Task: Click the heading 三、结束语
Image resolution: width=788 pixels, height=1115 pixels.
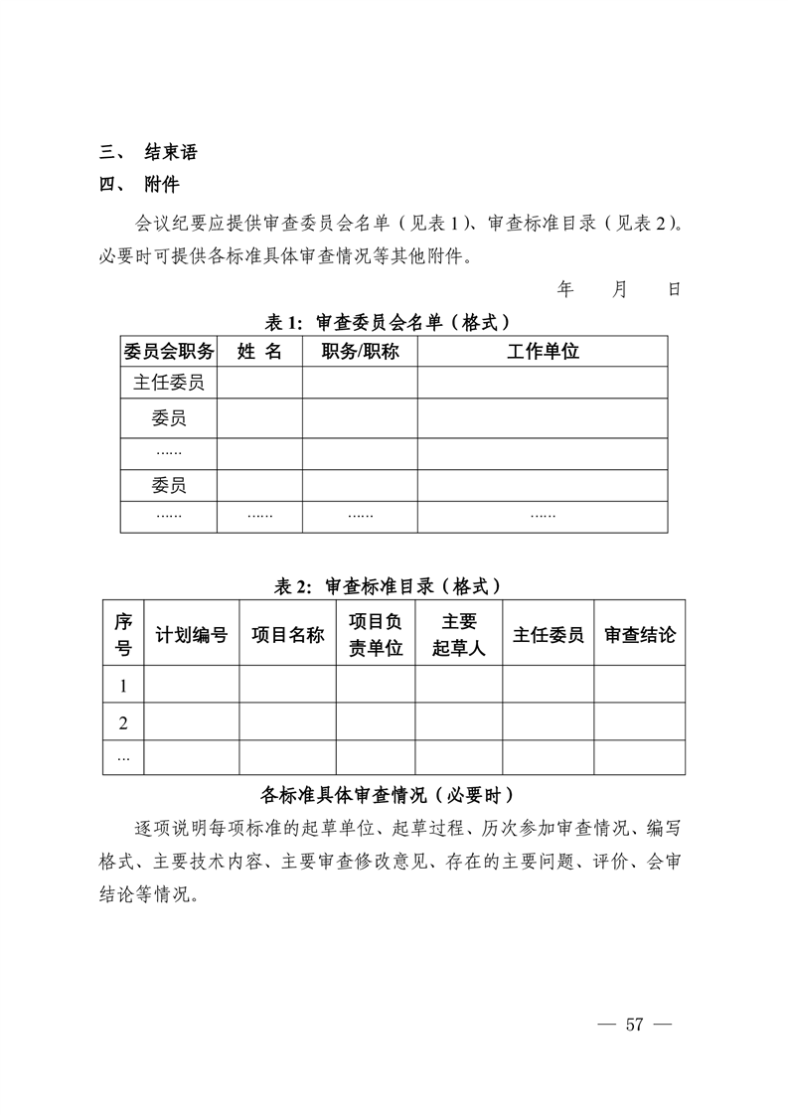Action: tap(148, 152)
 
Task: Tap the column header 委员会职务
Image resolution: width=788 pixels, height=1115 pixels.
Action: tap(168, 351)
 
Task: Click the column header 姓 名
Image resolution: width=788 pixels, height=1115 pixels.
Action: tap(259, 351)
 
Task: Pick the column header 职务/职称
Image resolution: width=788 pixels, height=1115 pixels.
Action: tap(360, 351)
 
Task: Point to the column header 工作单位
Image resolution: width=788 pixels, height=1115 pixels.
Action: tap(543, 351)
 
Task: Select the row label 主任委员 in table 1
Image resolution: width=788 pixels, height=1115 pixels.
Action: tap(168, 383)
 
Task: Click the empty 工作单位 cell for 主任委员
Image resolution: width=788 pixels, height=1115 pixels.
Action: tap(543, 383)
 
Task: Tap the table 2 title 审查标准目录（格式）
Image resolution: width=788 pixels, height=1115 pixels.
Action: tap(387, 586)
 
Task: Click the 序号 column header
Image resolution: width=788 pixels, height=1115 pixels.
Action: tap(123, 635)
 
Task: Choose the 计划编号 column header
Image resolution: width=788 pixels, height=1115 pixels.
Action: tap(192, 635)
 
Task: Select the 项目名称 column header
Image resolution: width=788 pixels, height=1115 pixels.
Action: tap(287, 635)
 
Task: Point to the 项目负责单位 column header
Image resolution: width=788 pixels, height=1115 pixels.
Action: tap(376, 635)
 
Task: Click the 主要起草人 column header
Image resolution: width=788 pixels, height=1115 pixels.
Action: tap(458, 635)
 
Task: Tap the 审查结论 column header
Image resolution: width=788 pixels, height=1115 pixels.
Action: tap(639, 635)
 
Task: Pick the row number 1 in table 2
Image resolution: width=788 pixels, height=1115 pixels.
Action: tap(123, 686)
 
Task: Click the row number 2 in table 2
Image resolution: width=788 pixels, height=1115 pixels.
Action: tap(123, 722)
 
